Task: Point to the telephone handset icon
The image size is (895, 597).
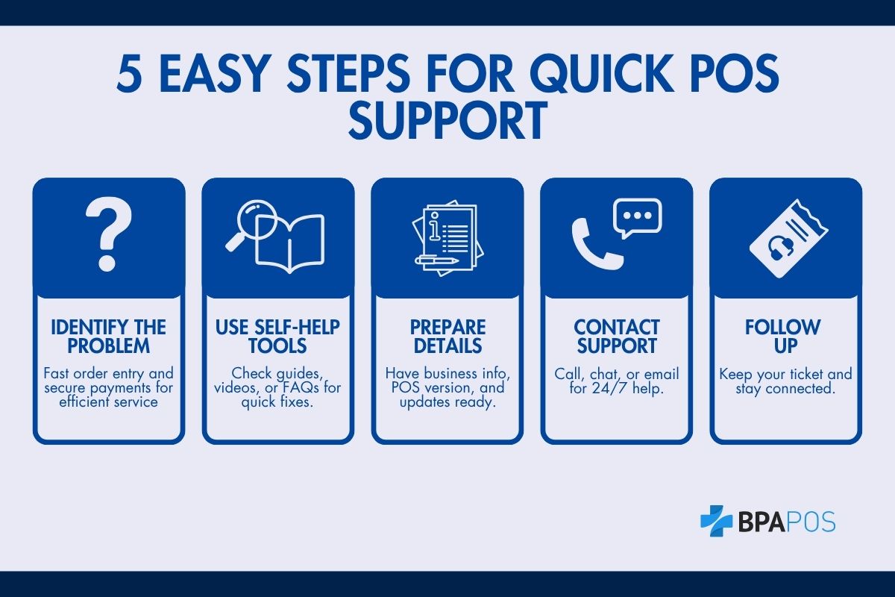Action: coord(594,243)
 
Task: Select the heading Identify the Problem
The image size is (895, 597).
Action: coord(109,337)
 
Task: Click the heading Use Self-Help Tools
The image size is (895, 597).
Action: coord(278,337)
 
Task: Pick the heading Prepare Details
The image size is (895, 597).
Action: coord(447,337)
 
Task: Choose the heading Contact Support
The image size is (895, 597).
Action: coord(616,337)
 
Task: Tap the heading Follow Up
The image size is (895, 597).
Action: coord(785,337)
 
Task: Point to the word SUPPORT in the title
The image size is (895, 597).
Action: coord(447,120)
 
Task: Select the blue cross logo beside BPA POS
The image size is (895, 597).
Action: coord(716,520)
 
